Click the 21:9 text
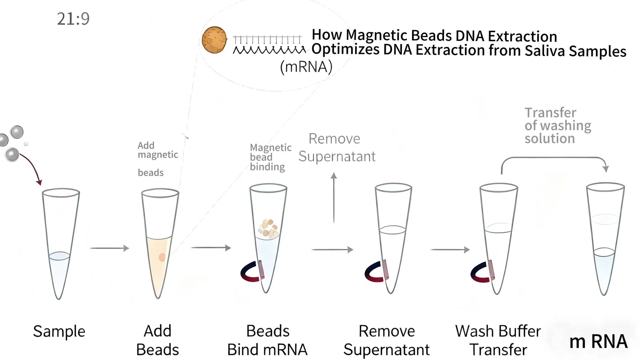(x=73, y=19)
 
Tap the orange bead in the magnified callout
(x=214, y=40)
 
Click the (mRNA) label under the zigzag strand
(x=306, y=67)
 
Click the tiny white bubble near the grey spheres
(x=26, y=144)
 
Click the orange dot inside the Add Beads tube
(x=162, y=257)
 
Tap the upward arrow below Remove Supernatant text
(x=334, y=197)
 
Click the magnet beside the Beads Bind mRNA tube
(x=251, y=272)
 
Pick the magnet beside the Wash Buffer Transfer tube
(x=481, y=272)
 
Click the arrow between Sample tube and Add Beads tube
(x=109, y=248)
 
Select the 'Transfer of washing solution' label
(x=557, y=125)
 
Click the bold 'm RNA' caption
(x=598, y=341)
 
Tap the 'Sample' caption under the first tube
(x=59, y=331)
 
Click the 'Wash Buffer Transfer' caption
(x=498, y=340)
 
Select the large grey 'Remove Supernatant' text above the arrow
(x=336, y=147)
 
